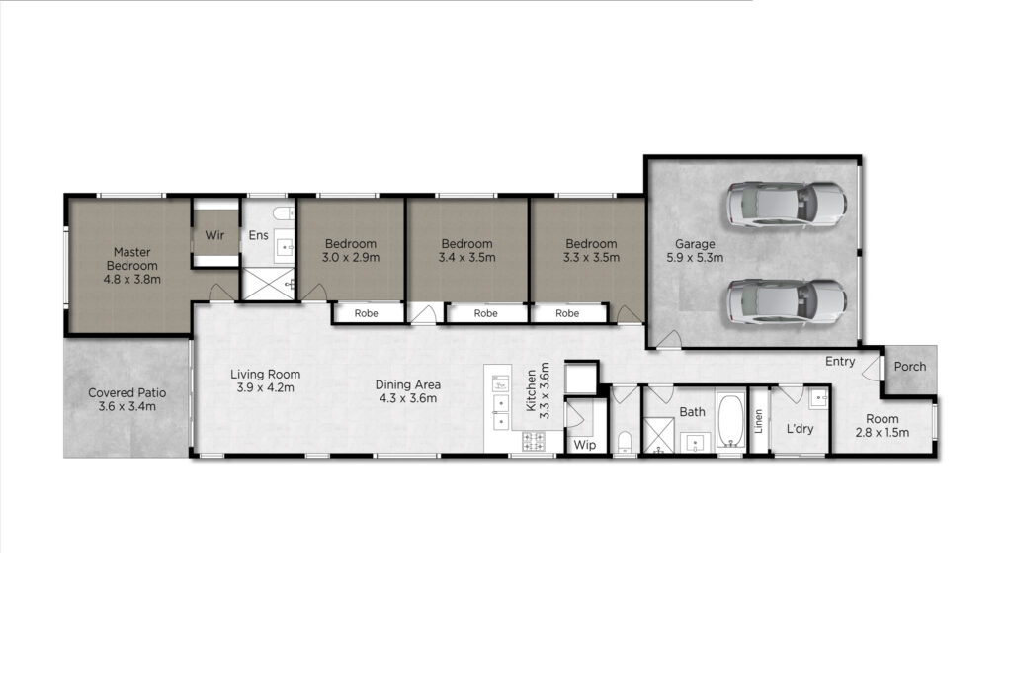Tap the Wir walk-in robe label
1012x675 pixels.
coord(214,235)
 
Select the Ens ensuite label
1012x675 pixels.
coord(258,235)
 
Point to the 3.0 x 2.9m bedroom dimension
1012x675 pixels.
coord(351,258)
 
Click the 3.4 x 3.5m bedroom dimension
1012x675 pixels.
coord(466,258)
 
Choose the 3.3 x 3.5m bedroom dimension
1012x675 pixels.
coord(591,258)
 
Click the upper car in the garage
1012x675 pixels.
coord(786,204)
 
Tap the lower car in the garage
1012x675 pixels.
coord(786,302)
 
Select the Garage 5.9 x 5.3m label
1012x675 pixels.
coord(695,251)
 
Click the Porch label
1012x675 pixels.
coord(910,367)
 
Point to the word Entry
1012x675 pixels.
coord(840,362)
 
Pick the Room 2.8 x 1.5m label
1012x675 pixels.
coord(883,426)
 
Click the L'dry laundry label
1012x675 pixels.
coord(800,429)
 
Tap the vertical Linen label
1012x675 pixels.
coord(759,421)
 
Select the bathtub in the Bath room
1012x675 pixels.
coord(730,421)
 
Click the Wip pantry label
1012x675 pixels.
coord(585,445)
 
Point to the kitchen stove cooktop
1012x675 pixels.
coord(533,442)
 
